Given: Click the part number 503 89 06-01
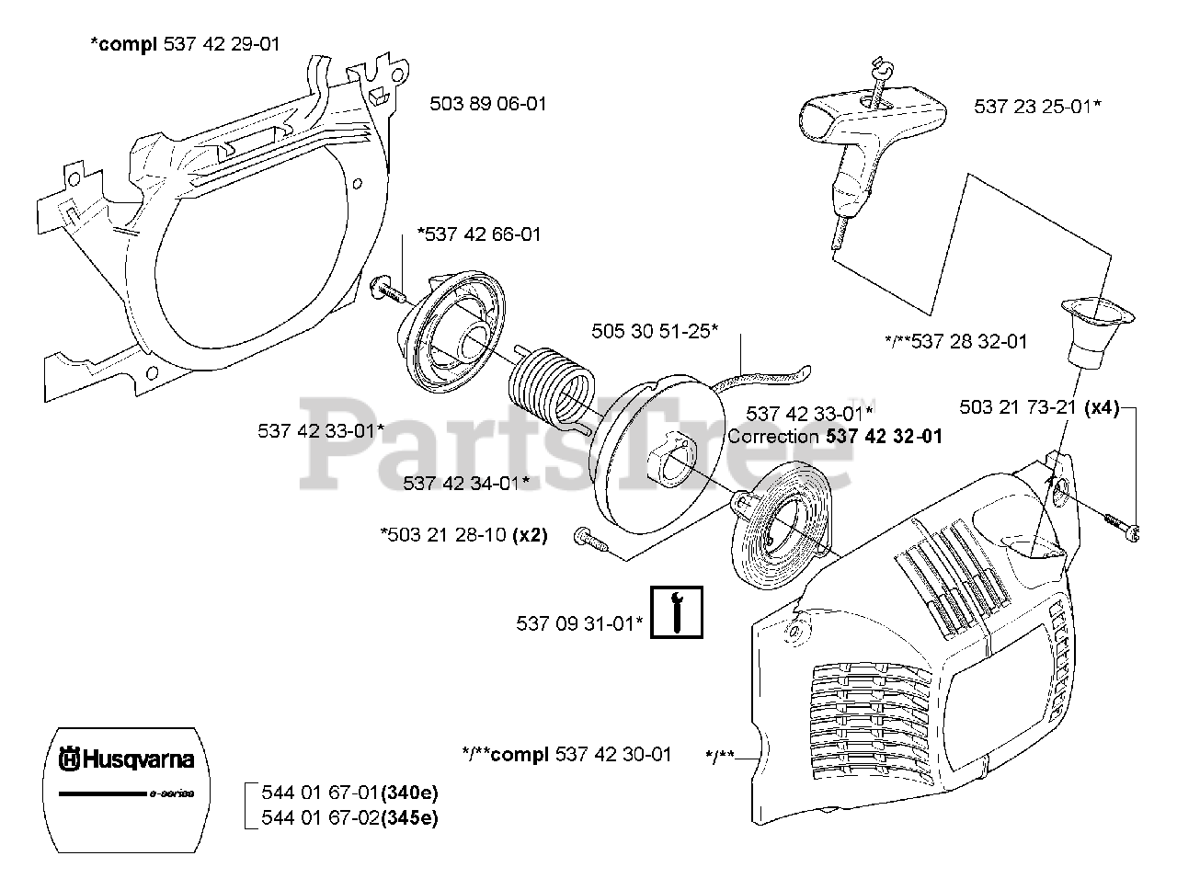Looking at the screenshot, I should coord(488,104).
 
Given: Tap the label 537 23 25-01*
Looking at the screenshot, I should coord(1037,107).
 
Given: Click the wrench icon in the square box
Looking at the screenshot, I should coord(677,612).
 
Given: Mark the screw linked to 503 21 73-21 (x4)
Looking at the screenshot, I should coord(1123,527).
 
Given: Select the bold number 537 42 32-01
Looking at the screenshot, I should coord(885,436).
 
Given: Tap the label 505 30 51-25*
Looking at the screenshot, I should coord(655,330).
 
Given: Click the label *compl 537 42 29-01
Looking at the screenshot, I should coord(185,43).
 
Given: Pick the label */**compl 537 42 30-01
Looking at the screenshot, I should coord(566,755).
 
